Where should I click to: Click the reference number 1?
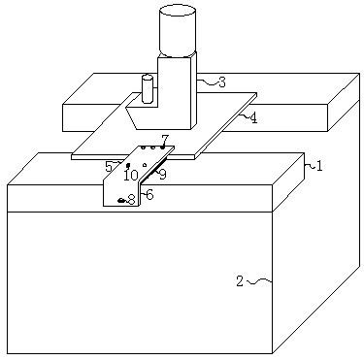(319, 166)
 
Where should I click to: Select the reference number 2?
(240, 281)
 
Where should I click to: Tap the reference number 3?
(221, 82)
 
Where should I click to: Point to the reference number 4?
(253, 118)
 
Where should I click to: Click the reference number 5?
(109, 167)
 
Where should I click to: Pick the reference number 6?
(149, 194)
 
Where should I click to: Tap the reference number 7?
(165, 140)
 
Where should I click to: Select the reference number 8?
(131, 200)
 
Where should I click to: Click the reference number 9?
(162, 175)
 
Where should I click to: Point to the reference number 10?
(131, 176)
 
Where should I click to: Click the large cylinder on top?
(178, 31)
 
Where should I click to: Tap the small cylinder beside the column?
(148, 88)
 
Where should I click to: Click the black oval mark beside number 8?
(121, 201)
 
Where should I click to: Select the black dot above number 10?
(128, 165)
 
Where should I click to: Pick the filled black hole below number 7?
(163, 147)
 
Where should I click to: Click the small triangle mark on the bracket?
(145, 165)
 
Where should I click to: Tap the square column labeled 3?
(178, 93)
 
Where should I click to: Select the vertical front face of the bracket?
(122, 193)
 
